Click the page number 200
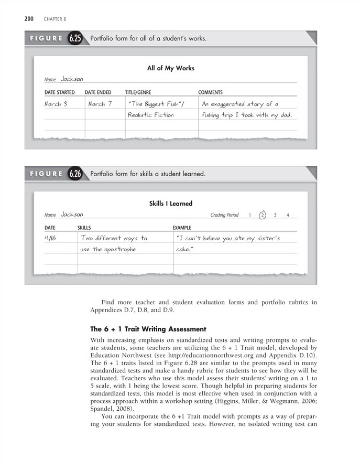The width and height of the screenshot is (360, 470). (29, 19)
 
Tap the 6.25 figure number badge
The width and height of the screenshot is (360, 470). (74, 39)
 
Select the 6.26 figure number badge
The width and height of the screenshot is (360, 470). (74, 174)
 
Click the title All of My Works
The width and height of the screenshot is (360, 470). (171, 68)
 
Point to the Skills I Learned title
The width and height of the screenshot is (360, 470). (171, 203)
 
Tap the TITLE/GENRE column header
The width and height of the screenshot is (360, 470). (138, 92)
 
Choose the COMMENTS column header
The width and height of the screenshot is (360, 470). (210, 92)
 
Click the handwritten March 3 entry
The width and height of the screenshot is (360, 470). (56, 104)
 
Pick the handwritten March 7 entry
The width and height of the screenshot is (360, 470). (100, 104)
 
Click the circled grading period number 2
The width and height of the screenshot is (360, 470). (263, 215)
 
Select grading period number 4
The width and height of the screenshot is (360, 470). (288, 215)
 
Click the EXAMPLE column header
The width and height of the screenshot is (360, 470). (182, 228)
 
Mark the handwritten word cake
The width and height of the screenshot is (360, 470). (184, 249)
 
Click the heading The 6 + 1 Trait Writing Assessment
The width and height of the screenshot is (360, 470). (148, 329)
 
